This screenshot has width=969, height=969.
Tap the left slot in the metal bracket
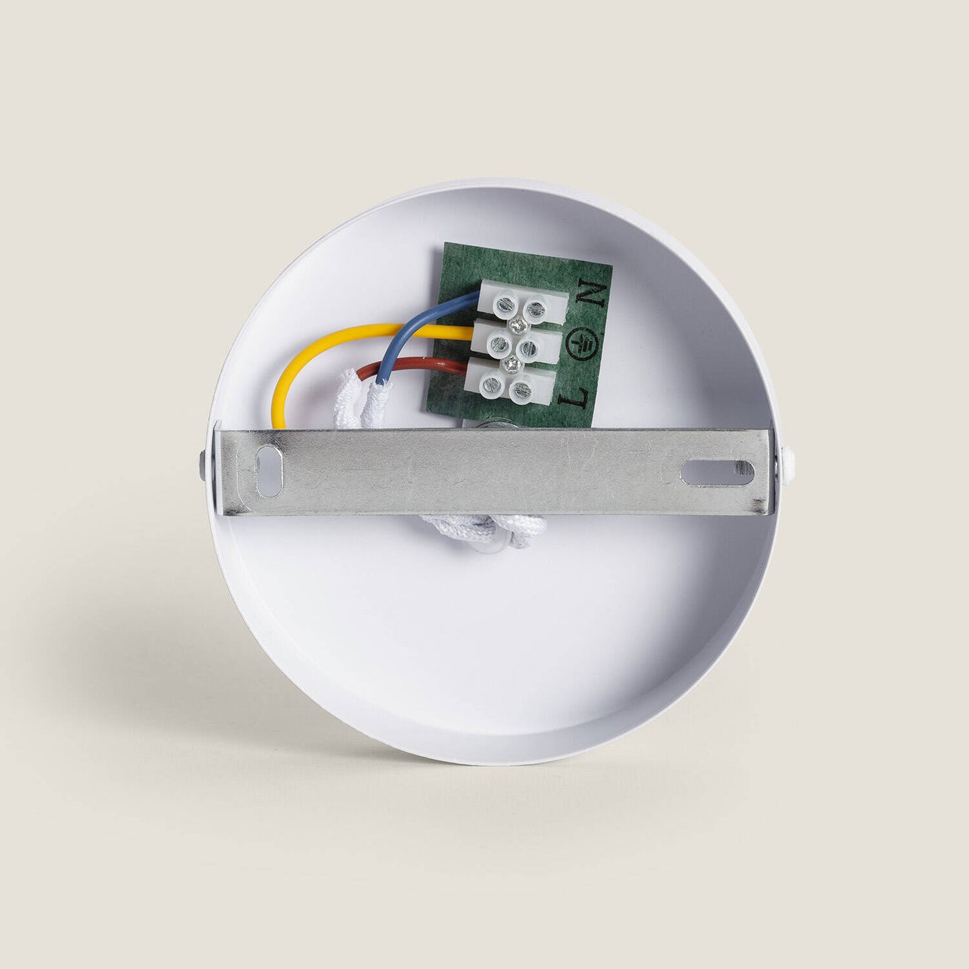click(268, 471)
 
